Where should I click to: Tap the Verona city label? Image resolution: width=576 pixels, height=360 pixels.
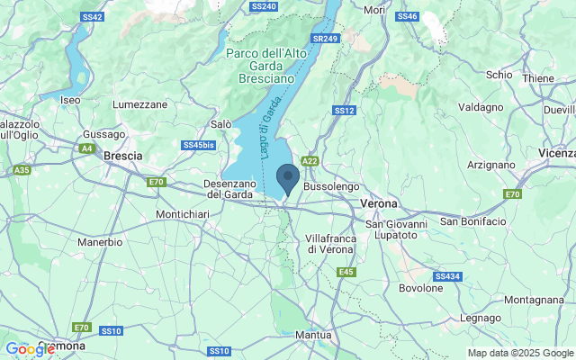point(378,203)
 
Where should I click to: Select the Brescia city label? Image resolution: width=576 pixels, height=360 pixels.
point(123,156)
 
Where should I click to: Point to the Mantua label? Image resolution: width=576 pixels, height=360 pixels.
point(314,335)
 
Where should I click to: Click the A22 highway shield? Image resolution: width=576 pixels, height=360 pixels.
point(310,161)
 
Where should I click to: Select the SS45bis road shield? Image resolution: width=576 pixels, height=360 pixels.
point(198,145)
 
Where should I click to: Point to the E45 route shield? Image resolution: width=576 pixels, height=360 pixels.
point(346,272)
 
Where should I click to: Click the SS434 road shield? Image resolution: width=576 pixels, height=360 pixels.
point(447,276)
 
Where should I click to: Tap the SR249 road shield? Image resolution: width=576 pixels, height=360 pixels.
point(324,40)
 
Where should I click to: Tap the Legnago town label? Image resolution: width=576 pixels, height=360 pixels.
point(480,318)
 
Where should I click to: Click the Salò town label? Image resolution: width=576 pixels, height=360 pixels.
point(220,123)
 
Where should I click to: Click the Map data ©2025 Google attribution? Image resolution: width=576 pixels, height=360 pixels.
point(519,353)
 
